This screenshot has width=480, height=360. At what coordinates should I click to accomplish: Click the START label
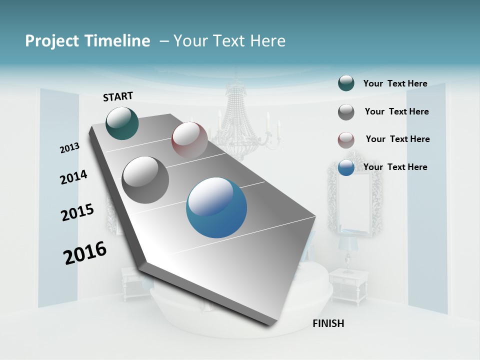click(x=118, y=96)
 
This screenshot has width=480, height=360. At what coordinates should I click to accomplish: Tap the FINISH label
click(x=328, y=323)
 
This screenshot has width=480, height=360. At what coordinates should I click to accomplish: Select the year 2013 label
click(x=69, y=148)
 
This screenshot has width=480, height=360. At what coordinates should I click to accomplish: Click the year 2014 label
click(x=73, y=177)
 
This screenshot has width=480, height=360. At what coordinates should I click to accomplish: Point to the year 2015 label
click(x=77, y=212)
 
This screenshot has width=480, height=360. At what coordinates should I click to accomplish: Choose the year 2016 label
click(x=85, y=253)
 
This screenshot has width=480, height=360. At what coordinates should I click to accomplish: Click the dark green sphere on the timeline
click(x=122, y=123)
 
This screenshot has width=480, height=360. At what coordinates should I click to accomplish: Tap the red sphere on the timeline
click(x=189, y=139)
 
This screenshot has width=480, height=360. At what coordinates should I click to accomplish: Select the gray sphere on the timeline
click(x=145, y=180)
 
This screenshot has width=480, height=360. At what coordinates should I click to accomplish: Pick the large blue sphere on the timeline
click(x=216, y=207)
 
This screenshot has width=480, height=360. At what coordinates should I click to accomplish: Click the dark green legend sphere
click(x=346, y=83)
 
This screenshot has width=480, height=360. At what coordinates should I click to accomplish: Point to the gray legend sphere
click(x=346, y=112)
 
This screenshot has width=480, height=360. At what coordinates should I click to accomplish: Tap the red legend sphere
click(x=346, y=140)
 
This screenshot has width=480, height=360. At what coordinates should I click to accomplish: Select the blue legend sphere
click(x=346, y=167)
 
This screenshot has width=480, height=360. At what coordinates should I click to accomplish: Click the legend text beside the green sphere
click(x=395, y=83)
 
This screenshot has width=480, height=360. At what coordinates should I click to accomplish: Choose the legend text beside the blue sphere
click(x=395, y=167)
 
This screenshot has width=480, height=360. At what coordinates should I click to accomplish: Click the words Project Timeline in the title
click(x=87, y=41)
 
